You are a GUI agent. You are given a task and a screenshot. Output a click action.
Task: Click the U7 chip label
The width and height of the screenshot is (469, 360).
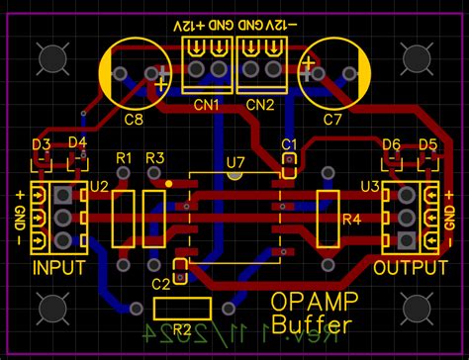click(x=235, y=160)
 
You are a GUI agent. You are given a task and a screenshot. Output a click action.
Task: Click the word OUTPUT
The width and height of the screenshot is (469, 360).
click(x=410, y=268)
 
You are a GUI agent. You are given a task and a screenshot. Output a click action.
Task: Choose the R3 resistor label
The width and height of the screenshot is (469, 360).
click(x=154, y=158)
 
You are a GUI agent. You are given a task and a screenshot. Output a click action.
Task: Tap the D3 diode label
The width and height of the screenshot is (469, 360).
click(x=41, y=145)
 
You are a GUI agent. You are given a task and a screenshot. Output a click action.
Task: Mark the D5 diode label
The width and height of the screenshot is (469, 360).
click(x=427, y=145)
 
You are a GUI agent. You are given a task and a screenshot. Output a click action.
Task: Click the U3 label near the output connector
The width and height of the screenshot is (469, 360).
click(x=369, y=186)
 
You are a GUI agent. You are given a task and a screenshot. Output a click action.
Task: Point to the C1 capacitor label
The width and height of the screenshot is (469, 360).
click(x=289, y=144)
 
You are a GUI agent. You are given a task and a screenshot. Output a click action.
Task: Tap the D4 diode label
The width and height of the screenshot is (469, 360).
click(x=77, y=145)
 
